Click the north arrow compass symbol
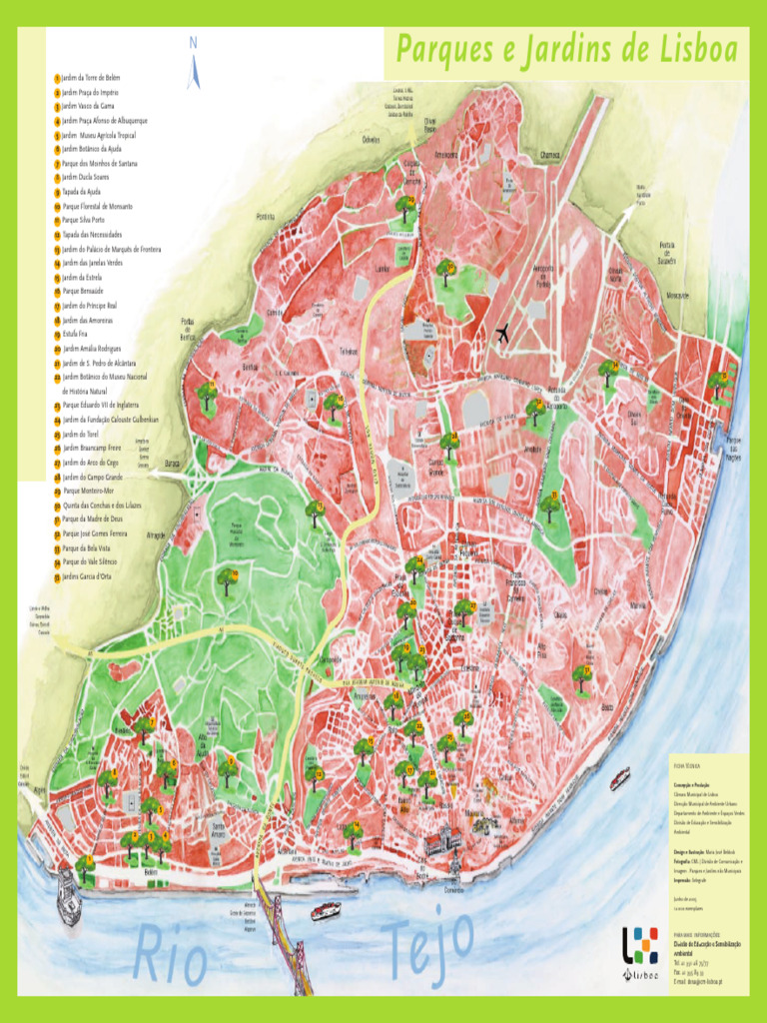194,63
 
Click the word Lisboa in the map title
688,50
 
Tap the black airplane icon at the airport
501,334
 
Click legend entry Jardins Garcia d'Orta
98,576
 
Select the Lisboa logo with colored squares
640,947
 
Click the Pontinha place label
265,216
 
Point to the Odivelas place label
372,140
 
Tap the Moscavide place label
678,296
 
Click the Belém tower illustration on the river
68,895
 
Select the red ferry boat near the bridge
326,910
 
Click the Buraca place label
172,464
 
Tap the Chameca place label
549,156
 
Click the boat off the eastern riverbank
619,777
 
